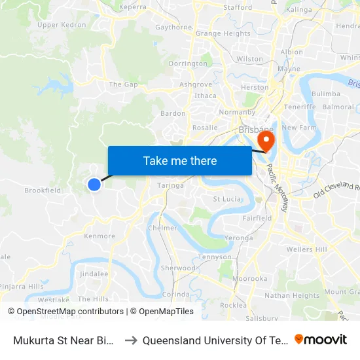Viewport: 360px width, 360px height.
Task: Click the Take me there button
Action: point(179,160)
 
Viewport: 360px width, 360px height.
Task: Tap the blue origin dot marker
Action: point(94,185)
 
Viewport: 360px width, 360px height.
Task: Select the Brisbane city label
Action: point(255,130)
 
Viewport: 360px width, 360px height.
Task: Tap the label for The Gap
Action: point(124,84)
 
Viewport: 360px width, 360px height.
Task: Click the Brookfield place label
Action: point(43,190)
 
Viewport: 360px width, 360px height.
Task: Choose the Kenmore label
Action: point(99,236)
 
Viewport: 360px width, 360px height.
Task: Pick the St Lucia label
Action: point(227,199)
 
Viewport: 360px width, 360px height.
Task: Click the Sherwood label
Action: point(179,268)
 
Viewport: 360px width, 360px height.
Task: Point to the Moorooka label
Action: point(250,278)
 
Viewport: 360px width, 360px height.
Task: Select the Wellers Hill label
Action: point(306,249)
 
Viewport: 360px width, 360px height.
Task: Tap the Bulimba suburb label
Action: point(325,94)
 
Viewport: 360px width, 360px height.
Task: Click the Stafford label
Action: point(238,8)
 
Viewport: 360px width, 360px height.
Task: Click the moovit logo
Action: point(320,340)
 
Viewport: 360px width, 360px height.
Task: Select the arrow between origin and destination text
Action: point(131,340)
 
